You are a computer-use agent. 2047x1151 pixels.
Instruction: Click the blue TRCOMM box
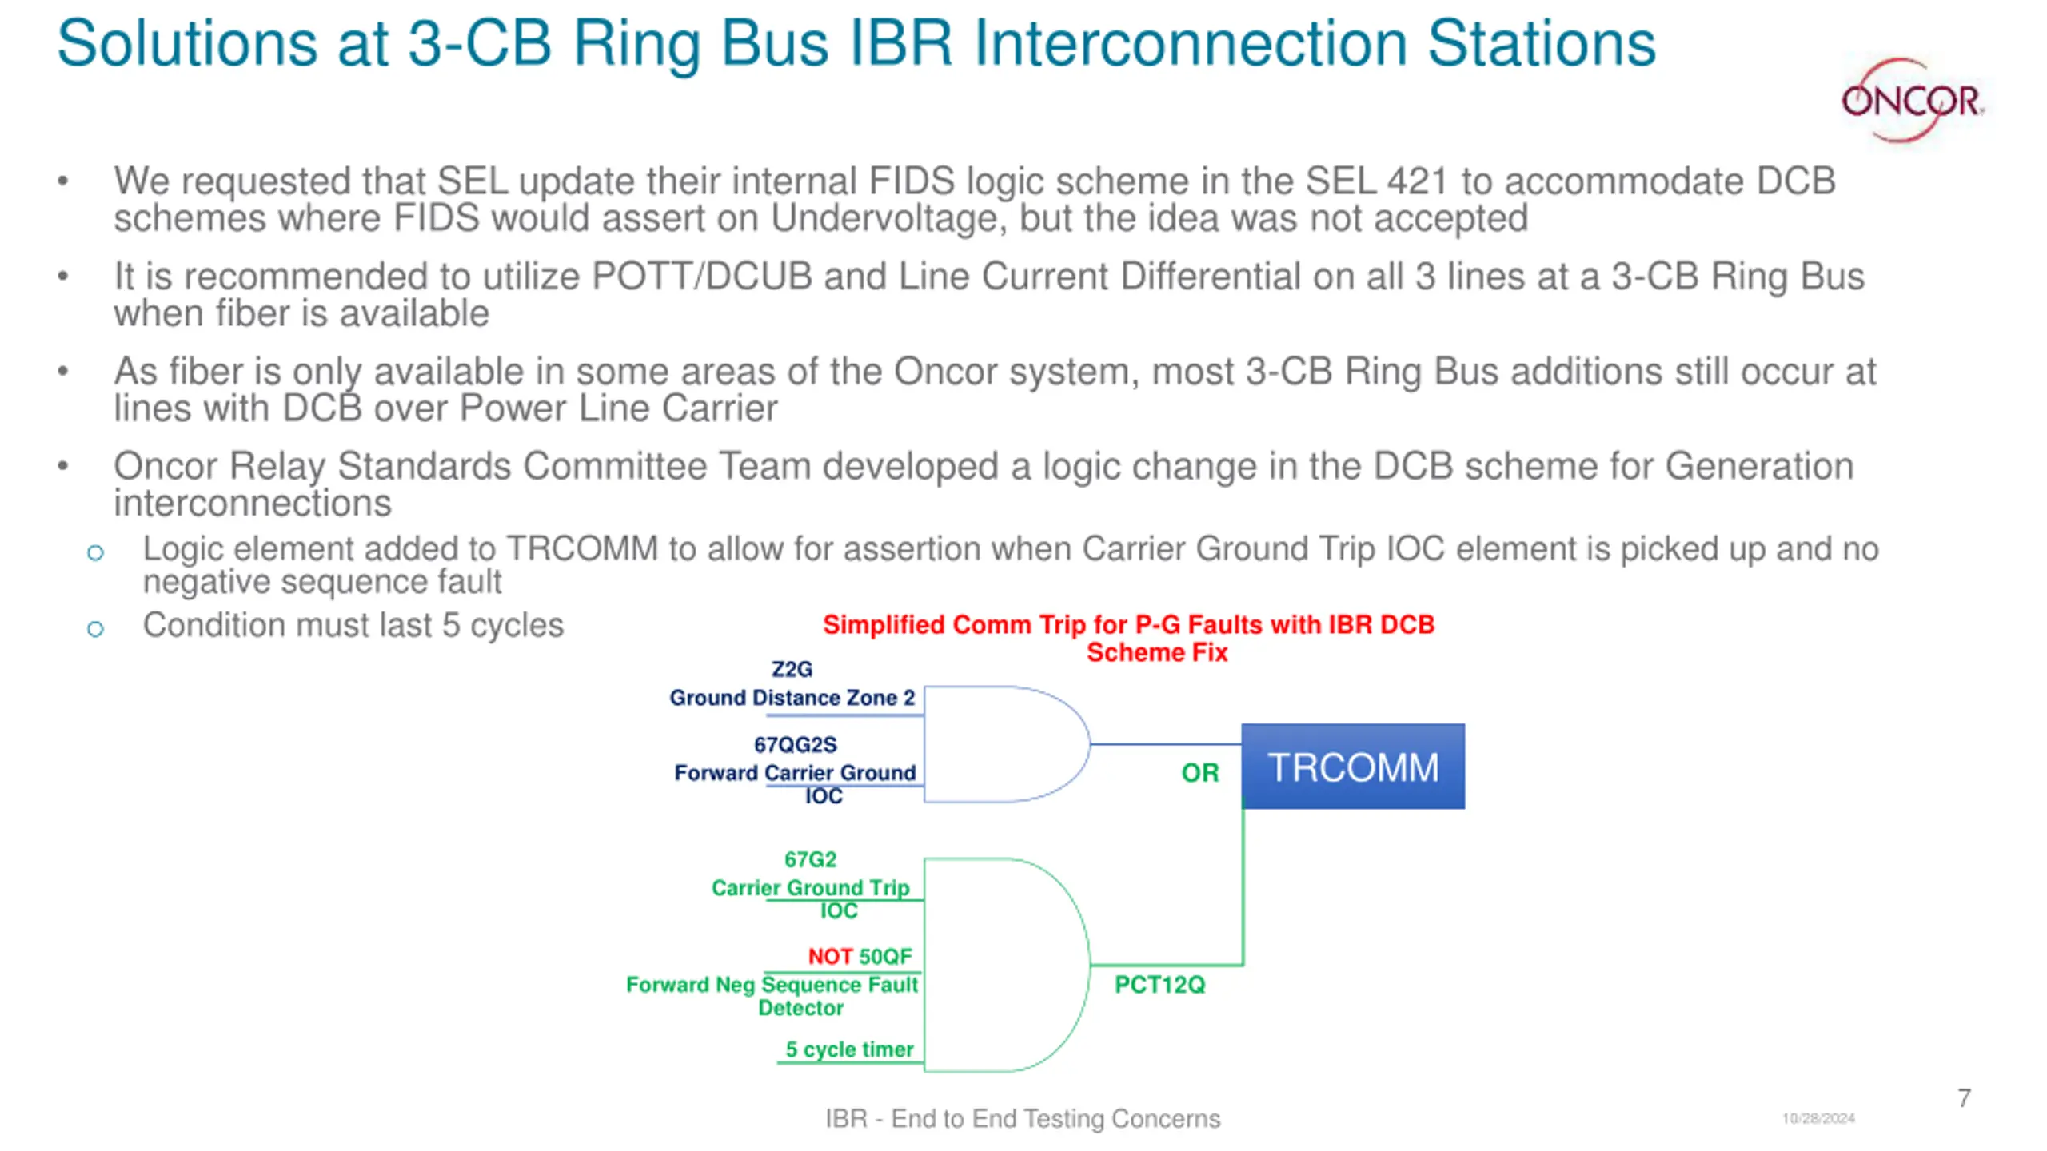point(1353,767)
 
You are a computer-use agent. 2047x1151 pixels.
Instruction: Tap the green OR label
point(1199,773)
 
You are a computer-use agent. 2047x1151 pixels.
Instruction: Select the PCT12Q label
point(1159,985)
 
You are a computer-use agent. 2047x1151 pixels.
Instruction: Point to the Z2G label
point(792,669)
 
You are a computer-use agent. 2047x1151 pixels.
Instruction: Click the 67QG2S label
point(796,745)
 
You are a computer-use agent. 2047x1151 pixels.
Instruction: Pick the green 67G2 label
point(810,860)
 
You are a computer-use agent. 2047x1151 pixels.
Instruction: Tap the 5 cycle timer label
point(849,1049)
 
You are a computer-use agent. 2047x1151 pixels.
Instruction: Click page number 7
point(1964,1098)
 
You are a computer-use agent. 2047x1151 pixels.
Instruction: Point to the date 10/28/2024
point(1818,1118)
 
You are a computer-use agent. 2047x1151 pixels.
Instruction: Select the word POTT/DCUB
point(701,277)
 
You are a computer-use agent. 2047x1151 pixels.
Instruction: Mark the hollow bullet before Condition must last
point(95,629)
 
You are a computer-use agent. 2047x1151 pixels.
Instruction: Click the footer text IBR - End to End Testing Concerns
point(1023,1118)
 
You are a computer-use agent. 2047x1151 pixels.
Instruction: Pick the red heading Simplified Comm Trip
point(1128,624)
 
